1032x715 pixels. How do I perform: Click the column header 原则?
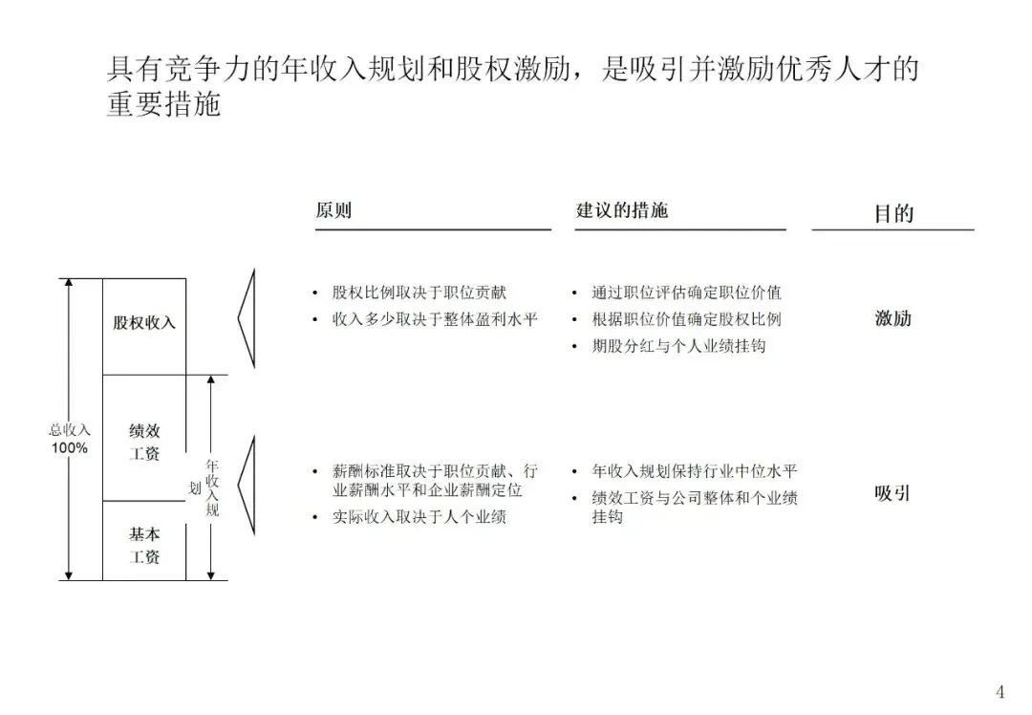coord(333,210)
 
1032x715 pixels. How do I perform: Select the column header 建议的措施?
coord(621,210)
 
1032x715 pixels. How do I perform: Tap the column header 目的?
coord(893,213)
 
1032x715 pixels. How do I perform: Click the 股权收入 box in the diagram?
coord(144,323)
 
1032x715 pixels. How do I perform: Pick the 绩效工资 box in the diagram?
coord(144,442)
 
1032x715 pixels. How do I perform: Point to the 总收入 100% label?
coord(70,439)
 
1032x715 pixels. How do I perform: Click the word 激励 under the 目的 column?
coord(893,318)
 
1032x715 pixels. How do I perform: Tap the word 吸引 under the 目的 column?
coord(892,494)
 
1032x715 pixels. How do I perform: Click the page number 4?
coord(1000,691)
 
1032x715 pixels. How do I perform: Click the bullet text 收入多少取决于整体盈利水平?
coord(435,318)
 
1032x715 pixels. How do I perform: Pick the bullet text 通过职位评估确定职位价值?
coord(686,292)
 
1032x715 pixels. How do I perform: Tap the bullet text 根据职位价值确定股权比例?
coord(686,319)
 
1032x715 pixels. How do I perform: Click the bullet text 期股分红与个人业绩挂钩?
coord(678,345)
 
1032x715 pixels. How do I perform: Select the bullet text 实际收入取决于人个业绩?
coord(419,517)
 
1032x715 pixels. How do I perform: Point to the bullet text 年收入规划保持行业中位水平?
coord(695,471)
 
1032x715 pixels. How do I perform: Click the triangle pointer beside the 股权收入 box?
coord(247,318)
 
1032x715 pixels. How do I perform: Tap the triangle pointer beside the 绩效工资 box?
coord(247,486)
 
